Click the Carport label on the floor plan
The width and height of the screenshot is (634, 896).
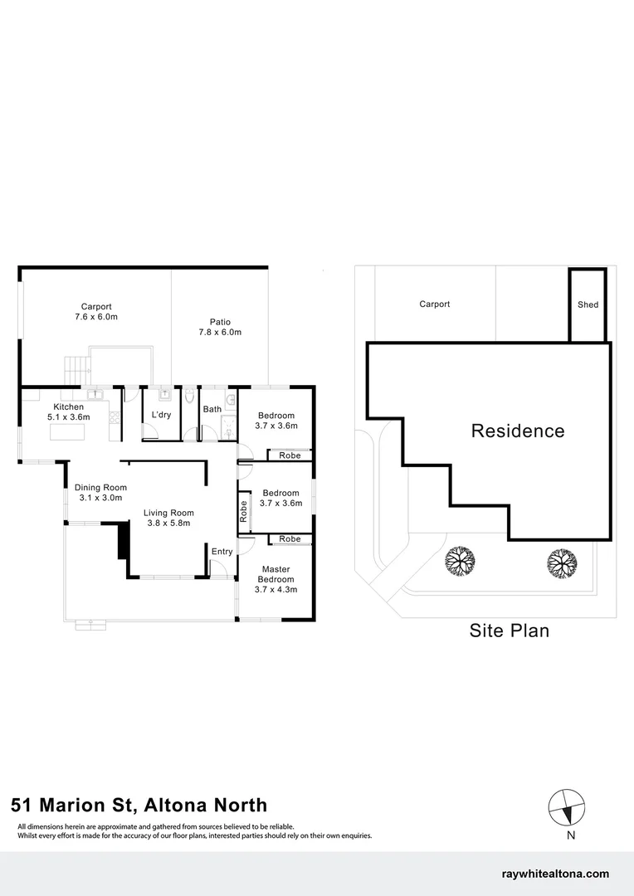coord(96,306)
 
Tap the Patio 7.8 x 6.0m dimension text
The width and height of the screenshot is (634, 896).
coord(220,332)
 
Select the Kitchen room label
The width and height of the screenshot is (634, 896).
coord(69,407)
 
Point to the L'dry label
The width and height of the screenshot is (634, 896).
coord(161,414)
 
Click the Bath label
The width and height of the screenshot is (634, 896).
coord(212,409)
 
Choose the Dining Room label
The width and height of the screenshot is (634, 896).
coord(100,487)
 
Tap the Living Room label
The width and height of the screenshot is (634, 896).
coord(168,513)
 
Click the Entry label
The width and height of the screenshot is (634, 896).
coord(222,552)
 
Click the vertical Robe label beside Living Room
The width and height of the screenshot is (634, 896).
coord(243,510)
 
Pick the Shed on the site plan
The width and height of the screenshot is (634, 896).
coord(588,304)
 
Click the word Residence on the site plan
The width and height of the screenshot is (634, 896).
coord(518,431)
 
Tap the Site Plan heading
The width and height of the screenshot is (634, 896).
coord(510,631)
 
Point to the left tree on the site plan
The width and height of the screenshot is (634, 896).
coord(459,562)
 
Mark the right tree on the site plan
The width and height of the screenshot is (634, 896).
coord(562,563)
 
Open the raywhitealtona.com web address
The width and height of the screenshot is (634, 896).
coord(556,874)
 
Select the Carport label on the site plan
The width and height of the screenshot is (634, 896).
coord(434,304)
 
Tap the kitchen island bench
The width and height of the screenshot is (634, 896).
coord(70,431)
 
